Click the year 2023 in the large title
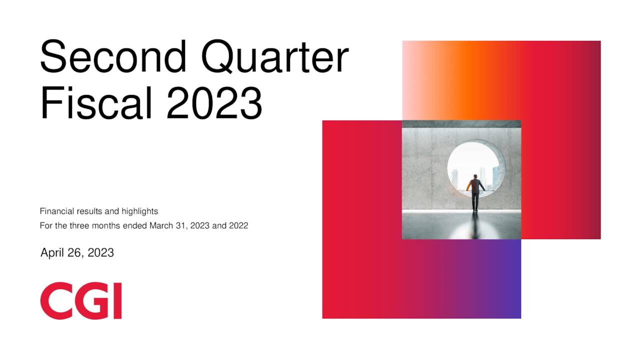(214, 103)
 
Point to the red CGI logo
(81, 300)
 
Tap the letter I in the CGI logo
(117, 300)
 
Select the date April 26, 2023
(77, 253)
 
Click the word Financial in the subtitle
(56, 211)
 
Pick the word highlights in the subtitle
(139, 211)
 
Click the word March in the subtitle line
(160, 226)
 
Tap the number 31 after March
(179, 226)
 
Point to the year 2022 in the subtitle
(238, 226)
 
